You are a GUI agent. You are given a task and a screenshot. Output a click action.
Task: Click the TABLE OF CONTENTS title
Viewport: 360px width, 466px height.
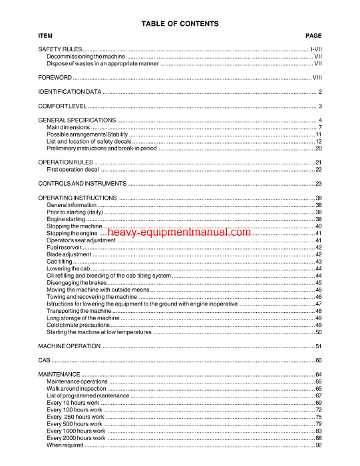[180, 24]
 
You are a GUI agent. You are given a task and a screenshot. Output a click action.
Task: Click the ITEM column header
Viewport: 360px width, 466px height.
[45, 35]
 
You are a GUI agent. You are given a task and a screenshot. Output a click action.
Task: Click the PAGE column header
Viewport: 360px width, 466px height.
[313, 35]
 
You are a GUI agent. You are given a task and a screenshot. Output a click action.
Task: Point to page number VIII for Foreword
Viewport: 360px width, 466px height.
[317, 78]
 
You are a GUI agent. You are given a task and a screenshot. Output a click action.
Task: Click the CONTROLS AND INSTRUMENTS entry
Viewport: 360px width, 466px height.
[81, 183]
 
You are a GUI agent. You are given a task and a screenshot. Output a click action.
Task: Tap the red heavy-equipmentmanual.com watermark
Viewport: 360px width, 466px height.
[178, 232]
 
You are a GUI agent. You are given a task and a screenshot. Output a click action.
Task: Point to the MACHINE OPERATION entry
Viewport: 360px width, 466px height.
[69, 346]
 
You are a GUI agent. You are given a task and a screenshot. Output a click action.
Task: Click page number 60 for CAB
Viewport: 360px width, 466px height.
[318, 360]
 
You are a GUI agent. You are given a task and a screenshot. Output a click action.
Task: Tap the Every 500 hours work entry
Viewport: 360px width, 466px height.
[75, 423]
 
